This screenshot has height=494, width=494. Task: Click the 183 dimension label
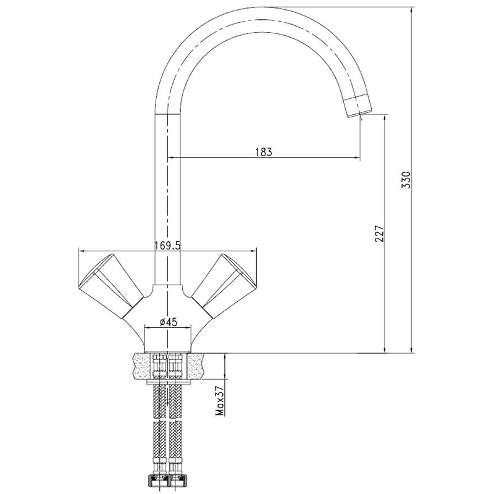pyautogui.click(x=264, y=152)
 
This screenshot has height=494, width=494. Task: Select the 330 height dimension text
pyautogui.click(x=407, y=180)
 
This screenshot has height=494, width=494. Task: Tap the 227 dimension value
pyautogui.click(x=380, y=233)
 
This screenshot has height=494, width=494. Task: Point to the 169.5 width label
pyautogui.click(x=167, y=245)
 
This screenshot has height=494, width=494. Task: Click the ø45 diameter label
pyautogui.click(x=168, y=322)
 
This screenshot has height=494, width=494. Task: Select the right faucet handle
pyautogui.click(x=224, y=285)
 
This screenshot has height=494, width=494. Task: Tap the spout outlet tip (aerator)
pyautogui.click(x=358, y=106)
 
